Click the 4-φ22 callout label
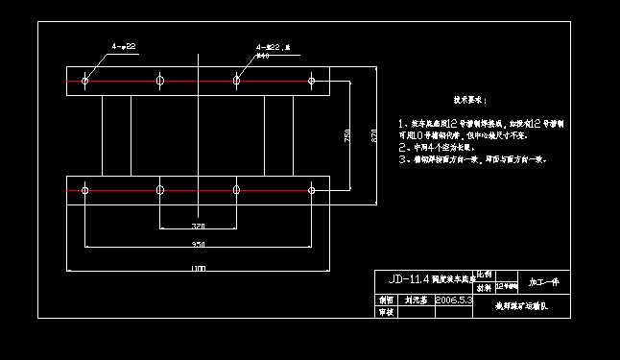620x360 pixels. (x=124, y=45)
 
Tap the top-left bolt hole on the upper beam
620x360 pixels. (x=85, y=81)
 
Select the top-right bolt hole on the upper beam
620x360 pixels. (x=311, y=81)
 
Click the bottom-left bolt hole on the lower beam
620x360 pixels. (x=85, y=191)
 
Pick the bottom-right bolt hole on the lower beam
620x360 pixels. (x=311, y=191)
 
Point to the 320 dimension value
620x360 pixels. (x=198, y=227)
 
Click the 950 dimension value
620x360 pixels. (x=198, y=246)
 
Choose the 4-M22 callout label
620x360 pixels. (x=273, y=46)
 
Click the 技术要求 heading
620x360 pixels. (x=469, y=100)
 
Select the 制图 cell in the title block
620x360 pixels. (x=386, y=300)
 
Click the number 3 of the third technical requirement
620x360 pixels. (x=401, y=160)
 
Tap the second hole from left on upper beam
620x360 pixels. (x=160, y=81)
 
